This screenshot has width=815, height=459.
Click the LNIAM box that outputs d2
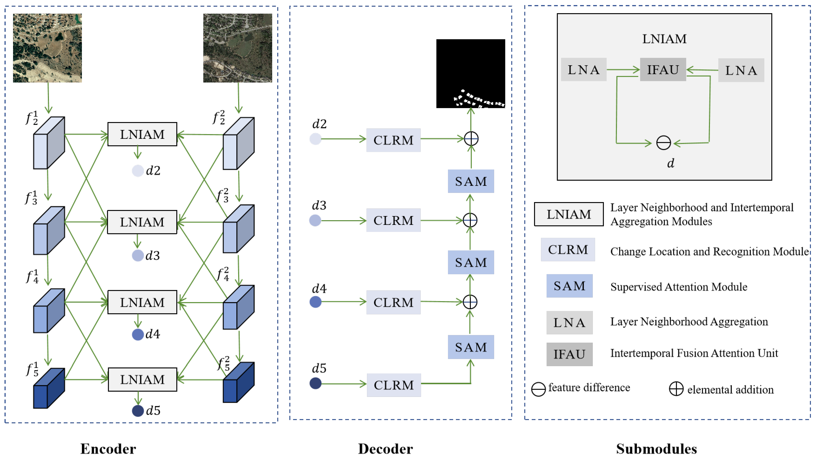(x=142, y=134)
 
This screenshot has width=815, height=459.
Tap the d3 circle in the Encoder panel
(x=138, y=255)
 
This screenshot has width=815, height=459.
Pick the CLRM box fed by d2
(x=393, y=140)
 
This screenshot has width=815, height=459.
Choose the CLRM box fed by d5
(x=394, y=385)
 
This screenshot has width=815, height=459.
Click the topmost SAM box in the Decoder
(x=471, y=181)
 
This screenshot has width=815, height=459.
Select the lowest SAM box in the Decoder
(x=471, y=347)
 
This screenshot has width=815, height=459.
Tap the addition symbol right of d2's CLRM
(x=471, y=139)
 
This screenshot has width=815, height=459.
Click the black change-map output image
(x=470, y=73)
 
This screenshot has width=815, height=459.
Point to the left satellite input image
(x=47, y=48)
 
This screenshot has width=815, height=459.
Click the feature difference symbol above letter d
(x=663, y=143)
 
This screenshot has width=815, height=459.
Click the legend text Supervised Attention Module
(x=679, y=287)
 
